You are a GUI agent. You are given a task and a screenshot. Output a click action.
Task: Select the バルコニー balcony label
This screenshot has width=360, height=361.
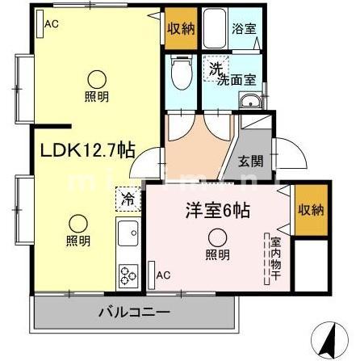click(134, 311)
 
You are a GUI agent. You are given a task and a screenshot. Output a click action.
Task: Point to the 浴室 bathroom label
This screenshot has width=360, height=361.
click(245, 28)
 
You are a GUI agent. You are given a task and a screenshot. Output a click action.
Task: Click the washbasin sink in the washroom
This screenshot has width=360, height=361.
click(250, 101)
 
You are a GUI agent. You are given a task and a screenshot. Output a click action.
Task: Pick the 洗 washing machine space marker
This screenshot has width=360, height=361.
click(214, 69)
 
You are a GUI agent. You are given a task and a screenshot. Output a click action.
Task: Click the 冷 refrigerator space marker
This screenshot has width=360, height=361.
click(128, 198)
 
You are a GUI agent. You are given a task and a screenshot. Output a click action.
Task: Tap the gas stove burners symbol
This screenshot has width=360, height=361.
click(128, 275)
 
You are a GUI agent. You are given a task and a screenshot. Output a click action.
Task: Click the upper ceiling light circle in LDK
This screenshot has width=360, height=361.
click(96, 79)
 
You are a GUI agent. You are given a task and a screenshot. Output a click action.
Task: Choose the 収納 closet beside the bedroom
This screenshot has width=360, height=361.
click(310, 209)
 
